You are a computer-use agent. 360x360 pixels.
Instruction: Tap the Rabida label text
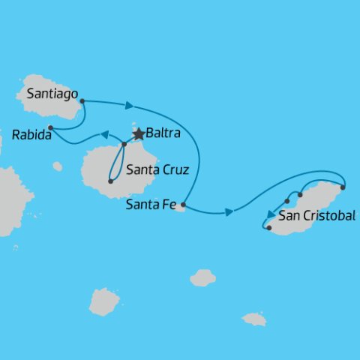pos(31,136)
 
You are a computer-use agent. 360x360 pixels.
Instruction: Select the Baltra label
pos(163,135)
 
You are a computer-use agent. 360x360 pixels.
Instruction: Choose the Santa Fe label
pos(152,203)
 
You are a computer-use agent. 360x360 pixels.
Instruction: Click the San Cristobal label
pos(316,217)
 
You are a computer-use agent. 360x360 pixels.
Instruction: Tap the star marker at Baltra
pos(138,134)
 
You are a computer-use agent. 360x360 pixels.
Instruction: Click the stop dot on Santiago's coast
pos(81,100)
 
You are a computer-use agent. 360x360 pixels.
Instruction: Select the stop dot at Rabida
pos(50,127)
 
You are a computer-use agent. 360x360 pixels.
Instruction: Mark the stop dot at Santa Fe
pos(183,203)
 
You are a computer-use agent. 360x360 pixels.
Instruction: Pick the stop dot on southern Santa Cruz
pos(110,181)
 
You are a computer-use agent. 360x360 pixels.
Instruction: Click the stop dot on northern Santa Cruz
pos(124,144)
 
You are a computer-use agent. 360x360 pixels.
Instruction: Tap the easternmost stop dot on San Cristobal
pos(343,187)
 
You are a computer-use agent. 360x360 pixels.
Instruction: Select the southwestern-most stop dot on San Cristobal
pos(268,227)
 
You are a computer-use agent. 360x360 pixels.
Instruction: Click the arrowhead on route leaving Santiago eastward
pos(130,106)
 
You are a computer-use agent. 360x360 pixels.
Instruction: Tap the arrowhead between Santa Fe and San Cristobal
pos(229,213)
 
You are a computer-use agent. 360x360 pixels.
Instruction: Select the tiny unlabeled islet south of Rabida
pos(58,166)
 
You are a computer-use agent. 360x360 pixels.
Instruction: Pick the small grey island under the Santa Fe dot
pos(179,208)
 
